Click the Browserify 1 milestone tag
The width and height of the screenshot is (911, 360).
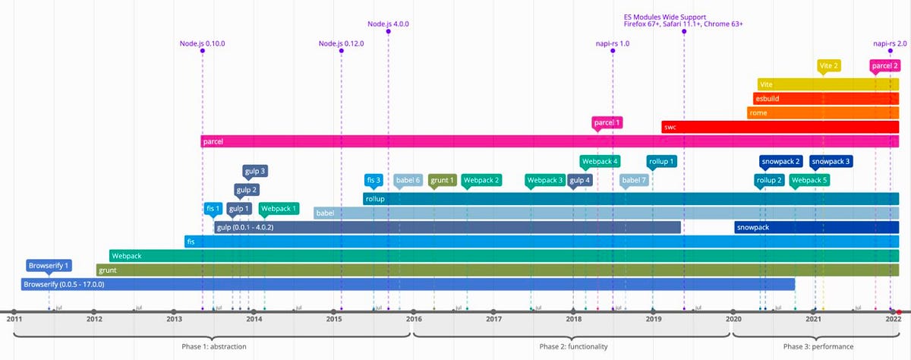tap(49, 266)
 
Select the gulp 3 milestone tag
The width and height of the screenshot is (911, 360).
tap(254, 171)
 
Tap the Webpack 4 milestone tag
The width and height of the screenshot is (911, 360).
tap(600, 161)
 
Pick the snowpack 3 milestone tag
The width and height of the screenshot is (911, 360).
tap(831, 161)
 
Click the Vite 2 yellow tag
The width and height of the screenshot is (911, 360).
tap(829, 65)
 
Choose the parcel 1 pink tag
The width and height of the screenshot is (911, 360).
tap(607, 122)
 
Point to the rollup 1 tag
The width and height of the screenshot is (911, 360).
tap(661, 161)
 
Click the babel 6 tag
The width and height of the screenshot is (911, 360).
tap(408, 180)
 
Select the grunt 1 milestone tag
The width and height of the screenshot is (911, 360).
tap(442, 180)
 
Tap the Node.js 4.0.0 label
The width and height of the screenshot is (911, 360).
tap(388, 24)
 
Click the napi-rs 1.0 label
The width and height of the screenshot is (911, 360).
tap(613, 43)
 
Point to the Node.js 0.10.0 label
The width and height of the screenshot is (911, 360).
tap(202, 43)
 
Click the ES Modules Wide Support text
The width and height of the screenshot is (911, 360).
tap(664, 17)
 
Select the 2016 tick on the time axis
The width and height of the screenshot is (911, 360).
tap(414, 318)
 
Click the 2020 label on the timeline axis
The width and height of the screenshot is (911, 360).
tap(733, 319)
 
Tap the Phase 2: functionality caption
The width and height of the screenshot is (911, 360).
tap(573, 346)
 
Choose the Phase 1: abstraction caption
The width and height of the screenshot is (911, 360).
tap(213, 346)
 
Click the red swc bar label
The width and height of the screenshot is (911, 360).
tap(670, 127)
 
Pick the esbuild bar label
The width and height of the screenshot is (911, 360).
tap(767, 99)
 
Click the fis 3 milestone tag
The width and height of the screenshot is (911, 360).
tap(374, 180)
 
